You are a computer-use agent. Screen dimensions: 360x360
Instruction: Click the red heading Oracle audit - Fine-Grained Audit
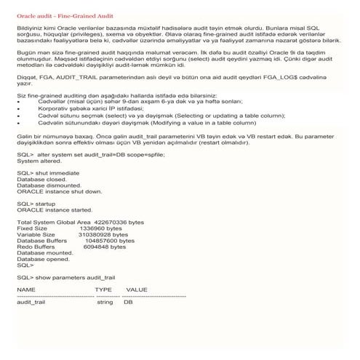(65, 15)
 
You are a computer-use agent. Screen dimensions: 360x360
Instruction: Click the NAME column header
(26, 289)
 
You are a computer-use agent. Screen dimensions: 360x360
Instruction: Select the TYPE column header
(103, 289)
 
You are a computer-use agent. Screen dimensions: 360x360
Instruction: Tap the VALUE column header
(137, 289)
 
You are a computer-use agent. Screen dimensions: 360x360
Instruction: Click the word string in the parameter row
(105, 302)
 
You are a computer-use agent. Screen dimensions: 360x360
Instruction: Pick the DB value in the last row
(128, 302)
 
